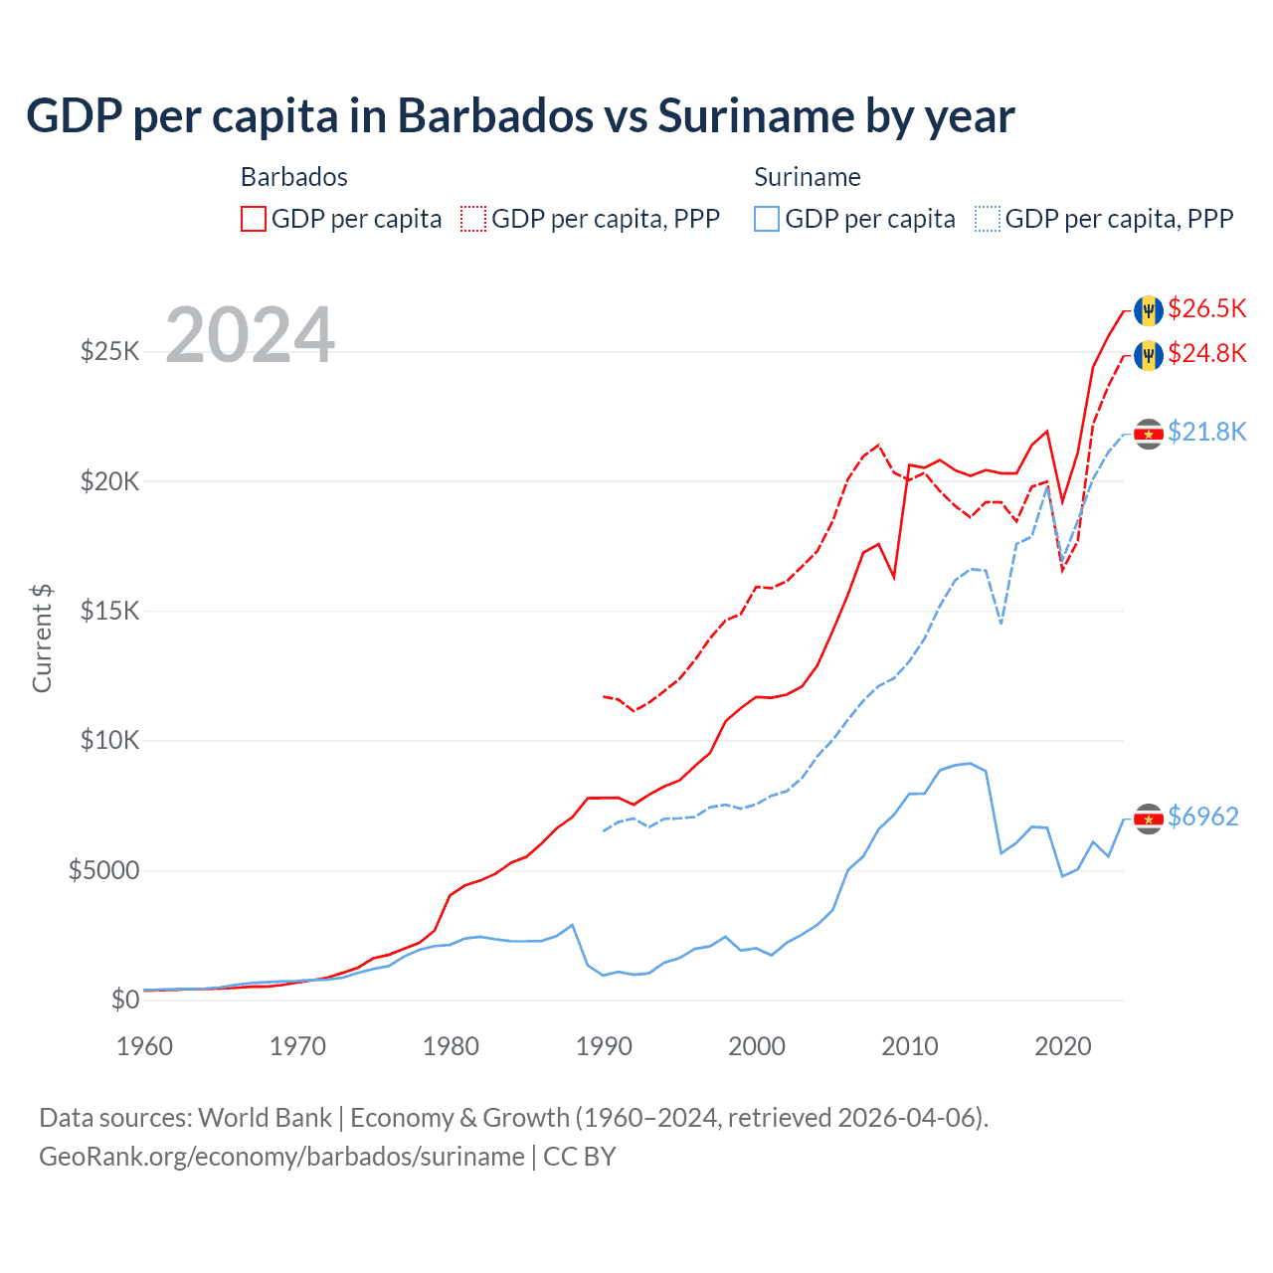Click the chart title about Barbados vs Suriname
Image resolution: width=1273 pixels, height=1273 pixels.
tap(520, 116)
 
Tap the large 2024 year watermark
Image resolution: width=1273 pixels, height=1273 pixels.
tap(250, 335)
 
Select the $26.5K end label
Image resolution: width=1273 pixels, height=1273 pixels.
tap(1206, 308)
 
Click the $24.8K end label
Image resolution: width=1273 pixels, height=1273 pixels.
tap(1206, 353)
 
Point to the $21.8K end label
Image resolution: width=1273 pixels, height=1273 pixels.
tap(1206, 432)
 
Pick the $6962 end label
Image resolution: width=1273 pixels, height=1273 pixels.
tap(1202, 817)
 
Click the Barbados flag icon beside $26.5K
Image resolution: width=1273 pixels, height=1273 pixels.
tap(1149, 310)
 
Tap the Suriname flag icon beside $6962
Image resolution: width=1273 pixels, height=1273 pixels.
tap(1149, 818)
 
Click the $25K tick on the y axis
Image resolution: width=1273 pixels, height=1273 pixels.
tap(109, 351)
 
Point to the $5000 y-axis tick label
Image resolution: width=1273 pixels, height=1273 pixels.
tap(103, 871)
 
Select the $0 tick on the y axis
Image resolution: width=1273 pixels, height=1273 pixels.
tap(124, 1000)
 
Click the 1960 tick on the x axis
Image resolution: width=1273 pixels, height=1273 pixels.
tap(144, 1046)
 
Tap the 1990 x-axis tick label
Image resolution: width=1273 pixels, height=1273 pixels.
tap(604, 1046)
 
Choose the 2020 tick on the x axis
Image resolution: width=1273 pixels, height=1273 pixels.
tap(1062, 1046)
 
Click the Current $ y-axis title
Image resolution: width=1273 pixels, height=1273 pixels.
tap(42, 637)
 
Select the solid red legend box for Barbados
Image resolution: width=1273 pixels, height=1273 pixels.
tap(254, 219)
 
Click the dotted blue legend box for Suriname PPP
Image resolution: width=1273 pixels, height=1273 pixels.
tap(988, 219)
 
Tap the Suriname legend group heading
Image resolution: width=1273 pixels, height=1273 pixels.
tap(807, 177)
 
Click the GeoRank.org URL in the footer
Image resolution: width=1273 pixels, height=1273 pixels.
tap(281, 1157)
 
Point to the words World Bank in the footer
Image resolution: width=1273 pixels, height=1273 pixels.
tap(265, 1118)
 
